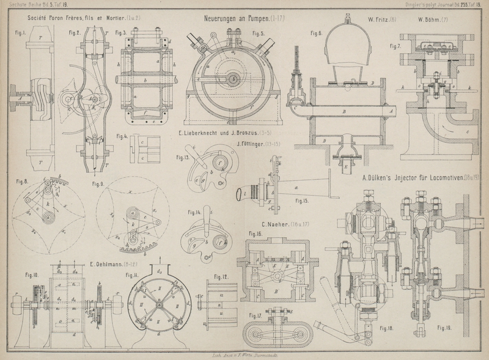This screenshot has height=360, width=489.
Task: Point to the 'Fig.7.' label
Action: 395,46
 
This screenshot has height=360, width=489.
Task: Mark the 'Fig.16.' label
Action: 255,233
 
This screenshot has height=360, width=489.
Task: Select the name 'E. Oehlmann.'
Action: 109,264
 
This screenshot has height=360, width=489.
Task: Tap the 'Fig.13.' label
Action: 183,157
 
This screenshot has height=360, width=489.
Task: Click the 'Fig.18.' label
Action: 386,329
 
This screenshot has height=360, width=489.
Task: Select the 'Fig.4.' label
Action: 122,136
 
